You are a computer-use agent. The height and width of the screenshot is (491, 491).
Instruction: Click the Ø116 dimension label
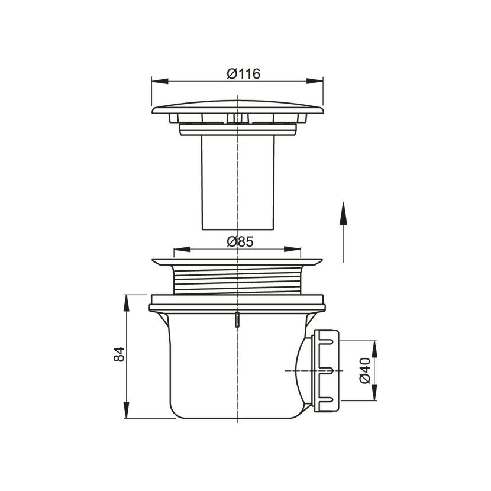[243, 74]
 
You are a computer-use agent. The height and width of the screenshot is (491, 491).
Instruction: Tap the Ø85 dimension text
[240, 242]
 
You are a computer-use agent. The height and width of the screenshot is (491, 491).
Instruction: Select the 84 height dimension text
[119, 354]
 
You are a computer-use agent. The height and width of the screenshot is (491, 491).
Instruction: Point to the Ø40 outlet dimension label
[365, 370]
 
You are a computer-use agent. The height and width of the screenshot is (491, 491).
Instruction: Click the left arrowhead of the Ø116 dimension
[160, 81]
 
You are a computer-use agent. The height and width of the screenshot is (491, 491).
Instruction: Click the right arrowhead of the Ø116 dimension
[315, 81]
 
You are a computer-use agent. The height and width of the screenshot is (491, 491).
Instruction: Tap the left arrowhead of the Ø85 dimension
[182, 249]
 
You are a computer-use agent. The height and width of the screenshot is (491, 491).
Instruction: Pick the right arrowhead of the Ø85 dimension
[292, 249]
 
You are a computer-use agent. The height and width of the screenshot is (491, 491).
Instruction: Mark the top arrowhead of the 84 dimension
[127, 303]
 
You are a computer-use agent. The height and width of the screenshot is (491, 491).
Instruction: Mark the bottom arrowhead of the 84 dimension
[127, 410]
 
